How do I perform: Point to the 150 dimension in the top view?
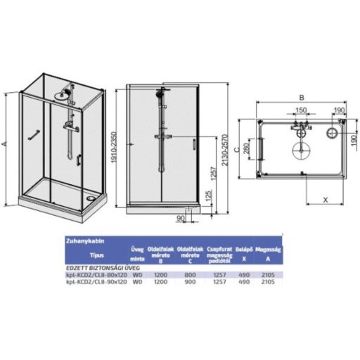pyautogui.click(x=300, y=110)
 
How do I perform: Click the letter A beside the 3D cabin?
pyautogui.click(x=5, y=143)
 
